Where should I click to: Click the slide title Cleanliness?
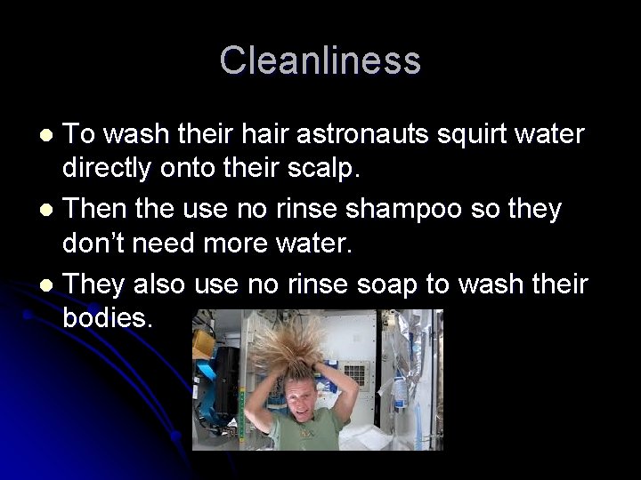pyautogui.click(x=320, y=60)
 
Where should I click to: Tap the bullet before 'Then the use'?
pyautogui.click(x=49, y=210)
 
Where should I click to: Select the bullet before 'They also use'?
pyautogui.click(x=49, y=284)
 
